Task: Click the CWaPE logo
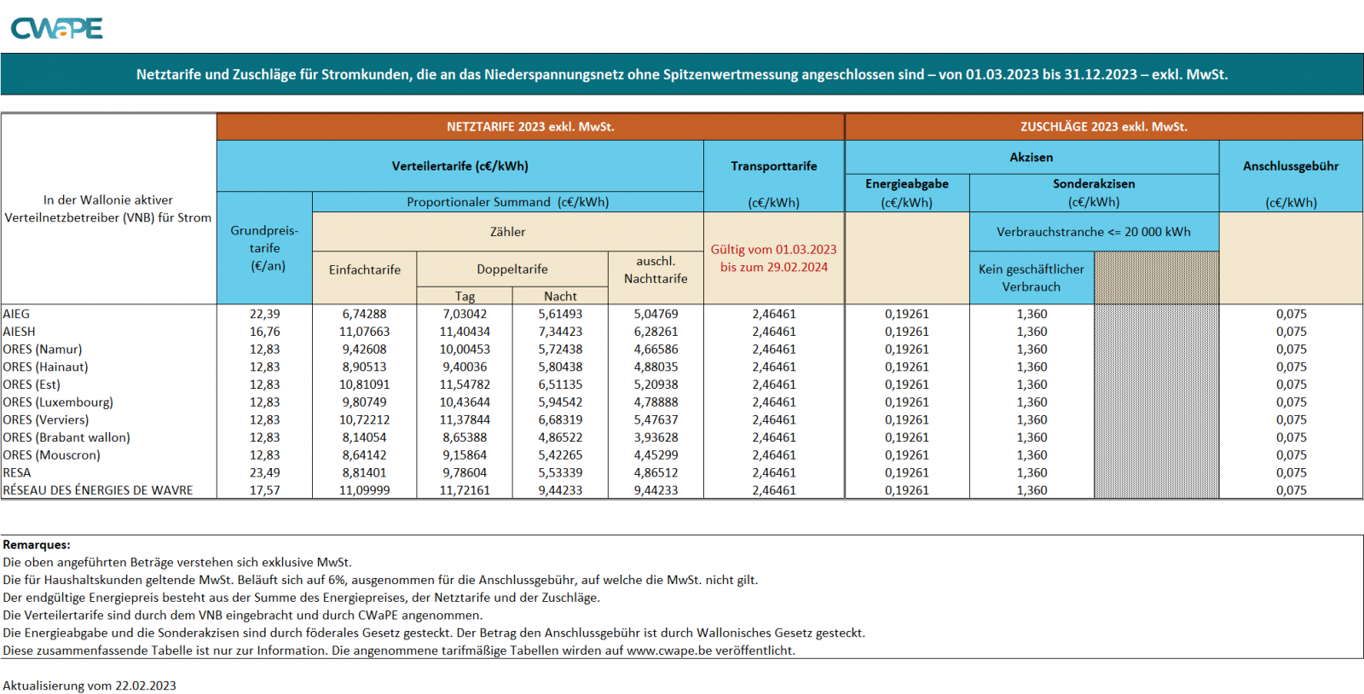tap(56, 29)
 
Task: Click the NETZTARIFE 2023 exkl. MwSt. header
tap(530, 127)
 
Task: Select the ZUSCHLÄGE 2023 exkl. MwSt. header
tap(1103, 127)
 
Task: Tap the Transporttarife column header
tap(773, 166)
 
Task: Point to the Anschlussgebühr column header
tap(1291, 166)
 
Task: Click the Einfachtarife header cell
tap(365, 270)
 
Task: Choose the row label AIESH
tap(20, 332)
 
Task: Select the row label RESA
tap(17, 473)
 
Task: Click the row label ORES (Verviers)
tap(46, 420)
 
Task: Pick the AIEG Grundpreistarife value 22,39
tap(264, 315)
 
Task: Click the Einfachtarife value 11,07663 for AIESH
tap(365, 332)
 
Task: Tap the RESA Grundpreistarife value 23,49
tap(264, 473)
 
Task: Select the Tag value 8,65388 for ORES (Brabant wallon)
tap(465, 438)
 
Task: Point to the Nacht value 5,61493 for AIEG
tap(560, 315)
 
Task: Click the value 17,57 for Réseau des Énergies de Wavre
tap(264, 491)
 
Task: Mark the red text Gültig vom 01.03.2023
tap(773, 250)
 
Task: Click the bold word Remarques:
tap(37, 545)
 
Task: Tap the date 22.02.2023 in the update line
tap(146, 686)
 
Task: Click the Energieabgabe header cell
tap(906, 184)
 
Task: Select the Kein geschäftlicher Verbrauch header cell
tap(1031, 278)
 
